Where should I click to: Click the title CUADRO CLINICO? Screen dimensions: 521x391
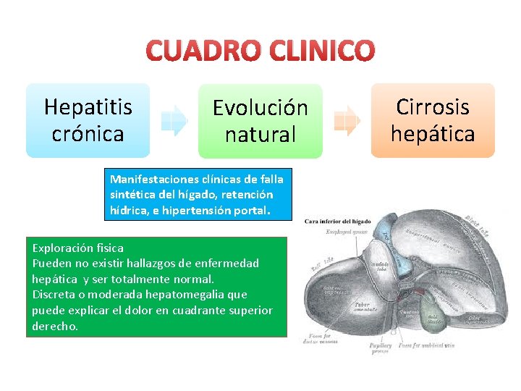pos(260,50)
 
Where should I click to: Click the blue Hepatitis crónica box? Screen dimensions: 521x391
pos(88,120)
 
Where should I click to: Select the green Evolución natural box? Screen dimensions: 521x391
pos(260,121)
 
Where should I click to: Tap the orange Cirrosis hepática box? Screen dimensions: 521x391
pos(433,120)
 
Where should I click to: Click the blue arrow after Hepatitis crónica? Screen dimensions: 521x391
pos(174,120)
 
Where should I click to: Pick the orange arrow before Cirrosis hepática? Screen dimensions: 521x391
pos(348,120)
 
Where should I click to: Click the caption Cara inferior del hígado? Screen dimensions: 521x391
pos(337,221)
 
